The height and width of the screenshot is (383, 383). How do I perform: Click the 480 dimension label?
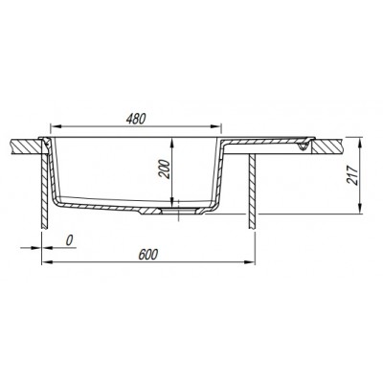point(136,119)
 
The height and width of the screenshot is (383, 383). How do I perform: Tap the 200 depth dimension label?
point(164,169)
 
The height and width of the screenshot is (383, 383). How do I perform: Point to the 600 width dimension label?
point(148,255)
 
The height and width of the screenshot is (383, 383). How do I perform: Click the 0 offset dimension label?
point(69,240)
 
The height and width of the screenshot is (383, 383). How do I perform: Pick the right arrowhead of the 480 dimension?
point(216,126)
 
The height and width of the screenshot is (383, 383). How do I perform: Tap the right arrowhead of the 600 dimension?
point(250,262)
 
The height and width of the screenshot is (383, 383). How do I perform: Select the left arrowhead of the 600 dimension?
point(47,262)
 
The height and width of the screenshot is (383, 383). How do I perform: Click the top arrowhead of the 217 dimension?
point(360,142)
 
